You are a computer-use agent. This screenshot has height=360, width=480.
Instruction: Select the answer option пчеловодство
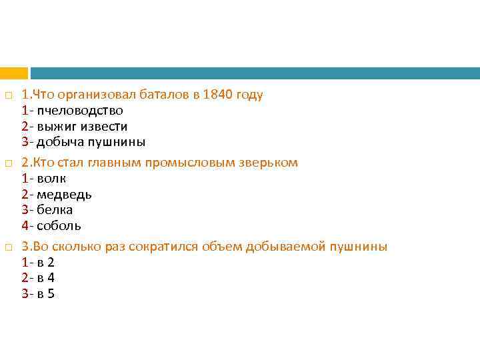click(79, 111)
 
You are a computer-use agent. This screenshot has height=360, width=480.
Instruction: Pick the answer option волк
click(51, 179)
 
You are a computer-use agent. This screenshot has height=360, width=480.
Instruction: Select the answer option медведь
click(64, 195)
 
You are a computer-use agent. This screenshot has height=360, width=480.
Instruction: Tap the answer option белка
click(55, 210)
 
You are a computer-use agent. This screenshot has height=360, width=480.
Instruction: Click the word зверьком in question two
click(270, 163)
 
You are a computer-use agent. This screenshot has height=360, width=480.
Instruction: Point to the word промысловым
click(201, 163)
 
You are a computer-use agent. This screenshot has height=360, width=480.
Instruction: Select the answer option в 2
click(46, 263)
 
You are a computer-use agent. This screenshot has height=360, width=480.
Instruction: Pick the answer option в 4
click(46, 278)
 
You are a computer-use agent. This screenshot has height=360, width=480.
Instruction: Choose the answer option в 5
click(46, 294)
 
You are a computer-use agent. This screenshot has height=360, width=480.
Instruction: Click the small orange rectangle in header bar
click(13, 73)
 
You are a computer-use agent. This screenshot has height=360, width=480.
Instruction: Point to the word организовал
click(87, 95)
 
